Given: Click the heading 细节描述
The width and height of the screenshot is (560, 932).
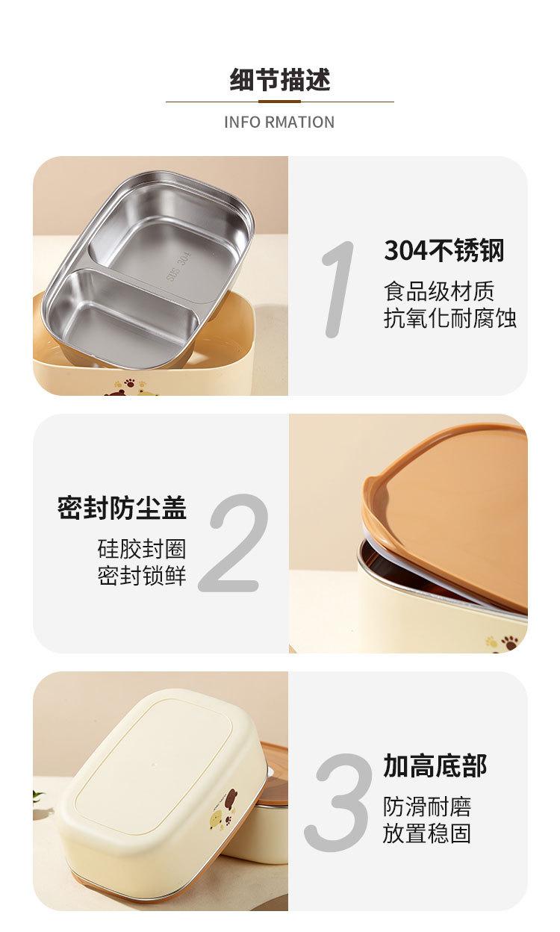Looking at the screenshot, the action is click(280, 79).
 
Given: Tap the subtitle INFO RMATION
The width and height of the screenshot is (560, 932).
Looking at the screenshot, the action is click(279, 122).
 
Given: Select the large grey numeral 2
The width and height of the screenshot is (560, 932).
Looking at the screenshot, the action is click(234, 543).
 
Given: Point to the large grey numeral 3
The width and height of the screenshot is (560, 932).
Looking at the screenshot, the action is click(337, 802).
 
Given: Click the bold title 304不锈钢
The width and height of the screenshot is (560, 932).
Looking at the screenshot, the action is click(444, 250).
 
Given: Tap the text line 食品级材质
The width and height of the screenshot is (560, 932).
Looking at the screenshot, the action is click(439, 291).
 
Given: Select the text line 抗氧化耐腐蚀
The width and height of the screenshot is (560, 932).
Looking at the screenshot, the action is click(449, 318).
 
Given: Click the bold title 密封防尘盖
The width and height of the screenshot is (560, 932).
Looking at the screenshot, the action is click(122, 508).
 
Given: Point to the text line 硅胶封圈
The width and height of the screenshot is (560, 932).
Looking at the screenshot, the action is click(142, 549).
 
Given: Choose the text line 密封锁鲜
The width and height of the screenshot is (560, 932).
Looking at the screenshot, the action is click(142, 576).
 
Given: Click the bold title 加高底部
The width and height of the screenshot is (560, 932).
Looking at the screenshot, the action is click(435, 765).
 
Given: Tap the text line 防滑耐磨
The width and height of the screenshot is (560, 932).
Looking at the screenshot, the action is click(427, 807).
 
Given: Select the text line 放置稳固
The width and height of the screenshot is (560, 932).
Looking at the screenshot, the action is click(427, 834).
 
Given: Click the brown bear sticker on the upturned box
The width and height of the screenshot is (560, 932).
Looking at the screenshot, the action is click(230, 796).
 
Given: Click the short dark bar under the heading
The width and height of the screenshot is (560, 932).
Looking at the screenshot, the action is click(279, 102).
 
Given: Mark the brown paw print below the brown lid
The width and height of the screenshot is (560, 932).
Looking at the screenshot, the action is click(510, 643).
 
